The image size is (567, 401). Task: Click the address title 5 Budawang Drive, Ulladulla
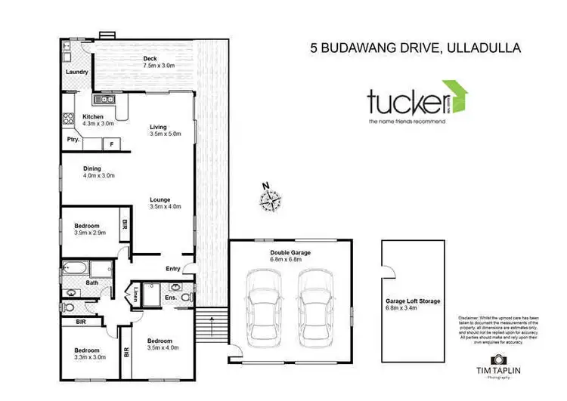415,48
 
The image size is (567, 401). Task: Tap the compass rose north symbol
270,199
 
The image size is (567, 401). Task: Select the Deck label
149,58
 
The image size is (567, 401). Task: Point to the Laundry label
76,72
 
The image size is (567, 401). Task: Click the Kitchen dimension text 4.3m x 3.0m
98,124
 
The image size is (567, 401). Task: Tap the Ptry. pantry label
73,140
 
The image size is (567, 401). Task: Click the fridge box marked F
112,143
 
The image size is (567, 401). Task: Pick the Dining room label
93,168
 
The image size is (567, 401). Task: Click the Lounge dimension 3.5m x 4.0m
166,206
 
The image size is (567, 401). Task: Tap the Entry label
173,269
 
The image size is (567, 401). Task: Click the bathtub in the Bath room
77,267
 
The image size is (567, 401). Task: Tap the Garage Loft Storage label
412,301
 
